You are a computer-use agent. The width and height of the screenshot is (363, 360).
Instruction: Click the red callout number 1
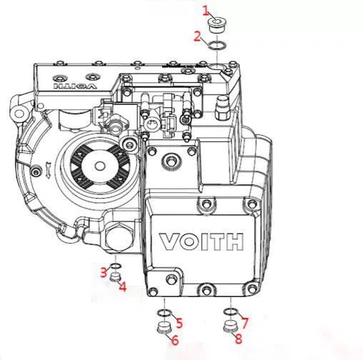[206, 11]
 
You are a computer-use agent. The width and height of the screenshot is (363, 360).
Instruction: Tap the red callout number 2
[197, 36]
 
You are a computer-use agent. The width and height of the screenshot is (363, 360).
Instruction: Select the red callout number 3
[104, 272]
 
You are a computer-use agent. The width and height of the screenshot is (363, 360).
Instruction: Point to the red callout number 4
[122, 286]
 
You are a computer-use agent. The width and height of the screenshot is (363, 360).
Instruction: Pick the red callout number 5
[179, 323]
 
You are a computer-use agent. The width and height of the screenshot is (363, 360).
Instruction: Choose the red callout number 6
[175, 340]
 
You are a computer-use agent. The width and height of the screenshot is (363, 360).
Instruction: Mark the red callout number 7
[244, 322]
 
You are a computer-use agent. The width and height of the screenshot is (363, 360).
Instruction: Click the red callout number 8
[239, 339]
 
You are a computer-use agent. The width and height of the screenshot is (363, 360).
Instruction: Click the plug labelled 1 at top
[217, 25]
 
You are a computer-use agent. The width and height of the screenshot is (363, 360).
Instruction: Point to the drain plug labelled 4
[116, 277]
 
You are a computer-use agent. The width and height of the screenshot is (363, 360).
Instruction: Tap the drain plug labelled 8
[231, 326]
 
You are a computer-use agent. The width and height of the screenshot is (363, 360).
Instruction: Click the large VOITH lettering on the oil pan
[202, 241]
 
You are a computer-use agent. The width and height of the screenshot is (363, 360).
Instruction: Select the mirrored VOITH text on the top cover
[75, 86]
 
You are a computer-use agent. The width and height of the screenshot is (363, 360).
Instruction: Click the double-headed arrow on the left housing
[48, 170]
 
